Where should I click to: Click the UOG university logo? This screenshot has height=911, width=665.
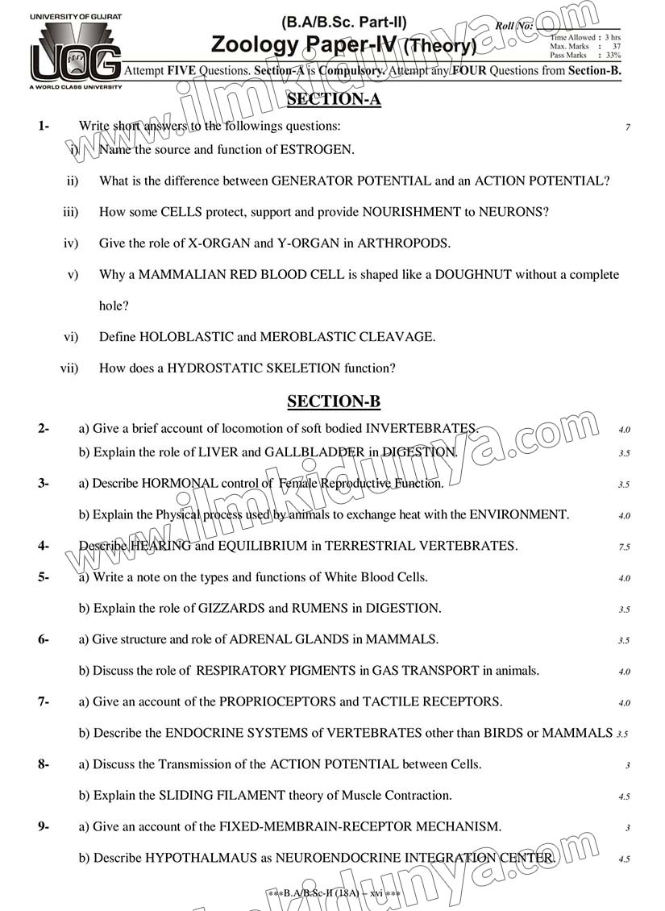click(75, 52)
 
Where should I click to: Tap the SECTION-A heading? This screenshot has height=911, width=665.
click(334, 100)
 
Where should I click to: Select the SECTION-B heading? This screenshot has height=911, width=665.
click(334, 401)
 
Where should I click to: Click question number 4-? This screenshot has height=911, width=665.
click(44, 546)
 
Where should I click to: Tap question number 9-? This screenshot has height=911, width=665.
click(44, 826)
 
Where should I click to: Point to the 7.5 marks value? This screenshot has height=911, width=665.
click(624, 547)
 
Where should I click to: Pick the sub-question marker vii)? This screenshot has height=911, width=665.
click(69, 368)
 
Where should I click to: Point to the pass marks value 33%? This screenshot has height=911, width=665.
click(613, 56)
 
